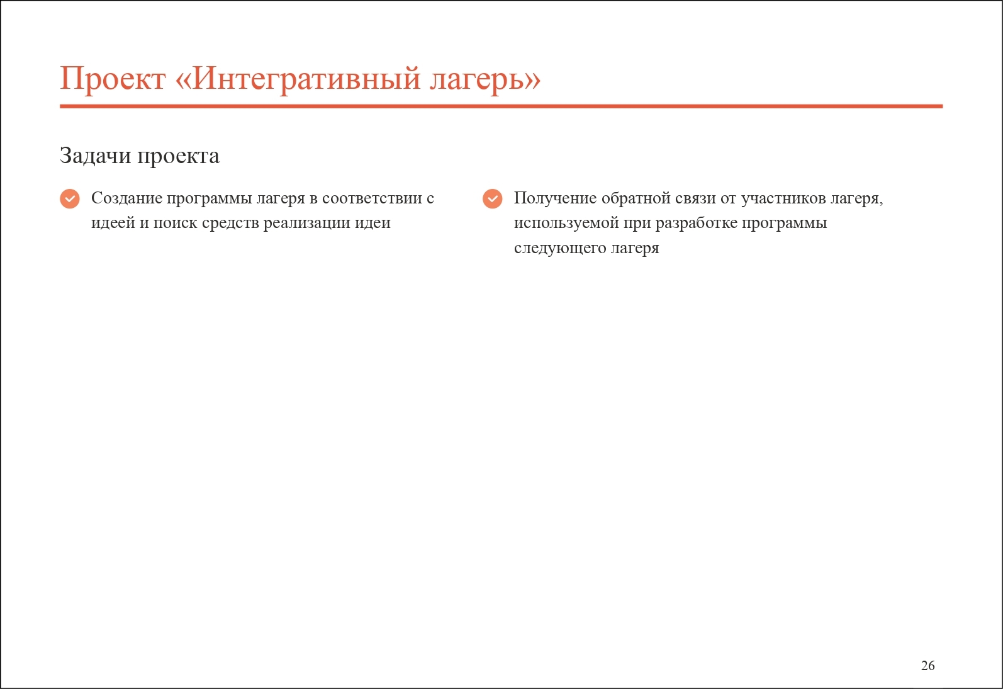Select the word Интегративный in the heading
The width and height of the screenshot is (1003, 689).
pos(306,79)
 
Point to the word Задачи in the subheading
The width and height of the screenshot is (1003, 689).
pos(96,156)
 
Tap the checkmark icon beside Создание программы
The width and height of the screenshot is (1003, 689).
pos(70,198)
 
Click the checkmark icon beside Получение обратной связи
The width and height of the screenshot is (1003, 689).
pos(493,198)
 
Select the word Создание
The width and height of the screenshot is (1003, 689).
pos(126,198)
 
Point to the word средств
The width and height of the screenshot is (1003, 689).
pos(230,224)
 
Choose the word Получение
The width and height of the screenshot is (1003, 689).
pos(555,198)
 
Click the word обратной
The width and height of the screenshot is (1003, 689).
pos(636,198)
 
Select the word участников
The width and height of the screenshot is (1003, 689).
pos(783,198)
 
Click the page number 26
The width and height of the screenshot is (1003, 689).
pos(927,666)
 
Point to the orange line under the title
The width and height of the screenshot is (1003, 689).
pos(501,106)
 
